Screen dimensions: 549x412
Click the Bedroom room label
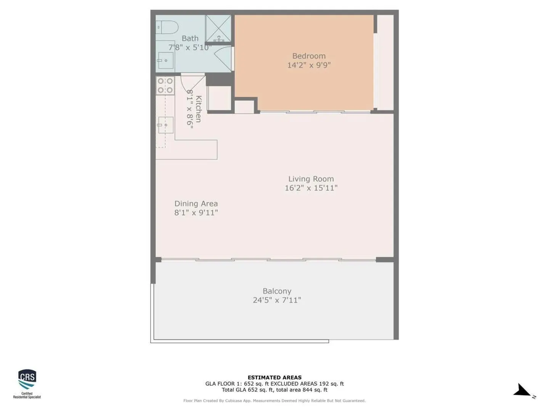point(309,56)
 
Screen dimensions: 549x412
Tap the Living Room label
point(311,179)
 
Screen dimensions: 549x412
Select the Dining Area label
point(196,204)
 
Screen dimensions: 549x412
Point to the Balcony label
point(277,291)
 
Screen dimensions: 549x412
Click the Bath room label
point(190,38)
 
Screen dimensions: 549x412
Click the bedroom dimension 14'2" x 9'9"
point(309,65)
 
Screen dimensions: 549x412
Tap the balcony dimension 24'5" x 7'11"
point(277,300)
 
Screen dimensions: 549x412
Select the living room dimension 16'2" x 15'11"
point(311,188)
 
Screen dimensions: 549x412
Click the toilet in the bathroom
point(167,27)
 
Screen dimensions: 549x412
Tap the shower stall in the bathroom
point(218,29)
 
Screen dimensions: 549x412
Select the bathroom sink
point(165,60)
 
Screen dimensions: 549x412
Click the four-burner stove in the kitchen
point(165,85)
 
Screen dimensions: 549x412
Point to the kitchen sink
point(165,125)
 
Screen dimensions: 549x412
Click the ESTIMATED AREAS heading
point(274,378)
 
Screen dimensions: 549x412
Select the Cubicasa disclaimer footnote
point(274,401)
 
